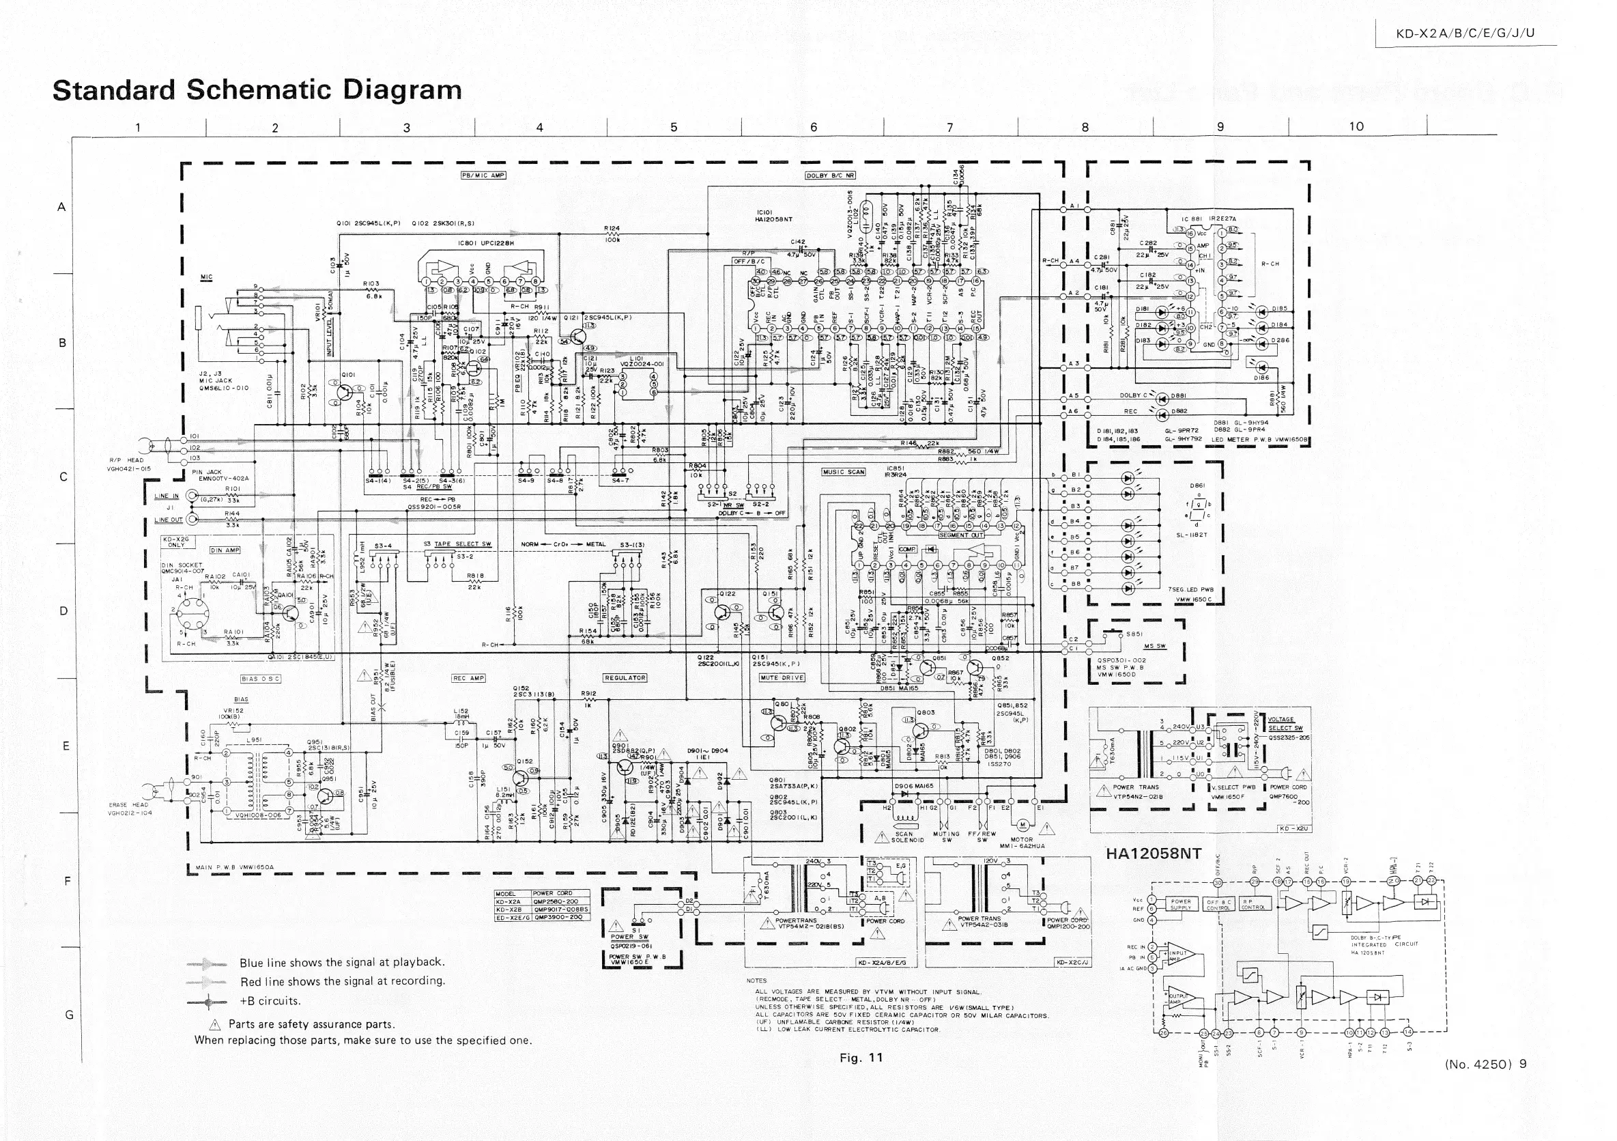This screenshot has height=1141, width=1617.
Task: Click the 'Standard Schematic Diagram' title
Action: [x=257, y=91]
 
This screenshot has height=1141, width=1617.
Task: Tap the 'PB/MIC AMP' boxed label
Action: [x=483, y=175]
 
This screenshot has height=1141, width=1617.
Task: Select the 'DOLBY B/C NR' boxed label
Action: [x=830, y=175]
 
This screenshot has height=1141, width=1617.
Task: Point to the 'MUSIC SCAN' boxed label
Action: [x=844, y=472]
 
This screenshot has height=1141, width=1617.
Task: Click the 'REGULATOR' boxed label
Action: [x=625, y=678]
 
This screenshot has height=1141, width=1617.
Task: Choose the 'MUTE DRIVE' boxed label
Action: [x=782, y=678]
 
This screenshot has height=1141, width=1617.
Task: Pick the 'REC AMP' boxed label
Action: [x=468, y=678]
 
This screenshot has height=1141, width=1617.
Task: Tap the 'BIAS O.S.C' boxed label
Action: [x=261, y=679]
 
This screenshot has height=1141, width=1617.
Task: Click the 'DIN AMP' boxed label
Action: [x=225, y=550]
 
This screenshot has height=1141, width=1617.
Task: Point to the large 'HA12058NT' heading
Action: [x=1153, y=854]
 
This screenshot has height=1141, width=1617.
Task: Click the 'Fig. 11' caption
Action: [x=861, y=1057]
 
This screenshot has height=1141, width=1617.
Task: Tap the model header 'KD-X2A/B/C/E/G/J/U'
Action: [x=1465, y=33]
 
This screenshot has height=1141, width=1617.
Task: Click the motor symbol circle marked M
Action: [x=1022, y=826]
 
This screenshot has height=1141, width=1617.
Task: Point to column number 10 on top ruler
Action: [x=1356, y=127]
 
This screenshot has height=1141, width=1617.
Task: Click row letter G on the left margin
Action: [x=69, y=1015]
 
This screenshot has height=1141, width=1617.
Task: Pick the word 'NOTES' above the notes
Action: [x=756, y=981]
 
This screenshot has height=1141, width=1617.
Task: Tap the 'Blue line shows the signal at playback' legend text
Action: [x=342, y=962]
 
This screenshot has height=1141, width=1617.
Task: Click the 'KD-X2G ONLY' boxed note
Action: [x=177, y=541]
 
